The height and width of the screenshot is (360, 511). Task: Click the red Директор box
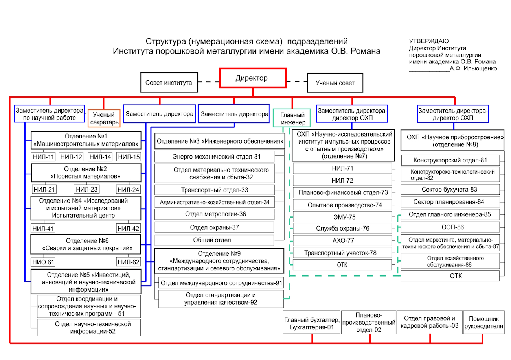(252, 78)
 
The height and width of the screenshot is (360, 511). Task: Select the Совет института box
(169, 83)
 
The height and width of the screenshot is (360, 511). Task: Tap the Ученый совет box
(335, 83)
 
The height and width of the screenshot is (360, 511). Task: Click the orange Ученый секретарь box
(104, 118)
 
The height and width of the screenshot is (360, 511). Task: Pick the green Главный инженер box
(292, 118)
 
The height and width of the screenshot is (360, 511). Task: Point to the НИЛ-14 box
(100, 157)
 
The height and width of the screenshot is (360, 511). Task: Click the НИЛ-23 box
(87, 189)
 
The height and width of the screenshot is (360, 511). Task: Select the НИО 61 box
(43, 262)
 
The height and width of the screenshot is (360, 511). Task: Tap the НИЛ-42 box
(129, 228)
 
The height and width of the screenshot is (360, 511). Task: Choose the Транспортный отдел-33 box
(215, 190)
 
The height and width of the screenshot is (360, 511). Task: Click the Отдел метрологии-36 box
(215, 214)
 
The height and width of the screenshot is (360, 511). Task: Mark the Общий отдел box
(214, 240)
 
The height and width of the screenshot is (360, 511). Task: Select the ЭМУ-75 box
(342, 217)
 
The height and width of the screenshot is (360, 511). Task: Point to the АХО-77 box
(342, 240)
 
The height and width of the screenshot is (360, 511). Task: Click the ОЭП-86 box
(450, 227)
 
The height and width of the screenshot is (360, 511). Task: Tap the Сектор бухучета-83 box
(450, 190)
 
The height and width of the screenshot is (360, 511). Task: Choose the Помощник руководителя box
(483, 322)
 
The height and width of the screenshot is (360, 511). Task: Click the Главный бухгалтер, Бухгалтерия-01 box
(312, 322)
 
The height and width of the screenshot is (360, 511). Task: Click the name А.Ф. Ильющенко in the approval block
(473, 68)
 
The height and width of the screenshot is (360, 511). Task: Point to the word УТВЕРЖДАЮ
(428, 41)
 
